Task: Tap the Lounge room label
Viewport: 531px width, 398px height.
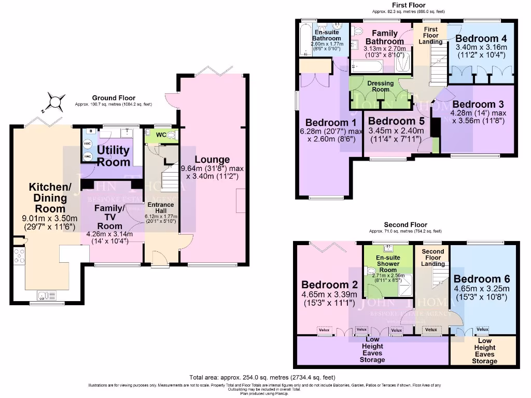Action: [213, 160]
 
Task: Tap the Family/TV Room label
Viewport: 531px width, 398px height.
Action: [109, 217]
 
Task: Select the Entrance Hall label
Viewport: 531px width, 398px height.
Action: [160, 208]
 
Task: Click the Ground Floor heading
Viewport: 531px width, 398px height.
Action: [114, 97]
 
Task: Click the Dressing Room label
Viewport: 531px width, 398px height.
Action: [381, 86]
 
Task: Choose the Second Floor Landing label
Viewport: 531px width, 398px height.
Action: [432, 258]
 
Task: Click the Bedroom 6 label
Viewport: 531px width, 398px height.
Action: [481, 280]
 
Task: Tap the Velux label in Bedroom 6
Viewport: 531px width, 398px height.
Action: [482, 329]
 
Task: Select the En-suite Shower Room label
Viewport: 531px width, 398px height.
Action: [388, 263]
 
